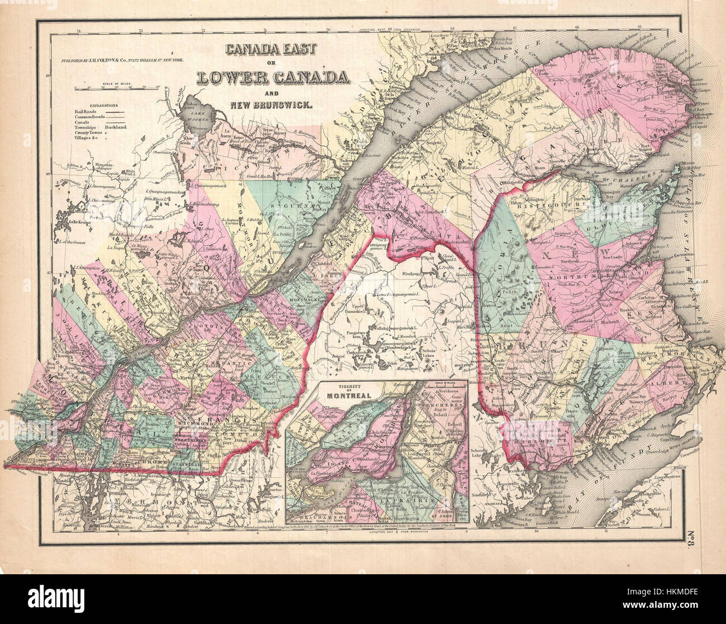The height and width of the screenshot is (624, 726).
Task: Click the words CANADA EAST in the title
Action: click(270, 49)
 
